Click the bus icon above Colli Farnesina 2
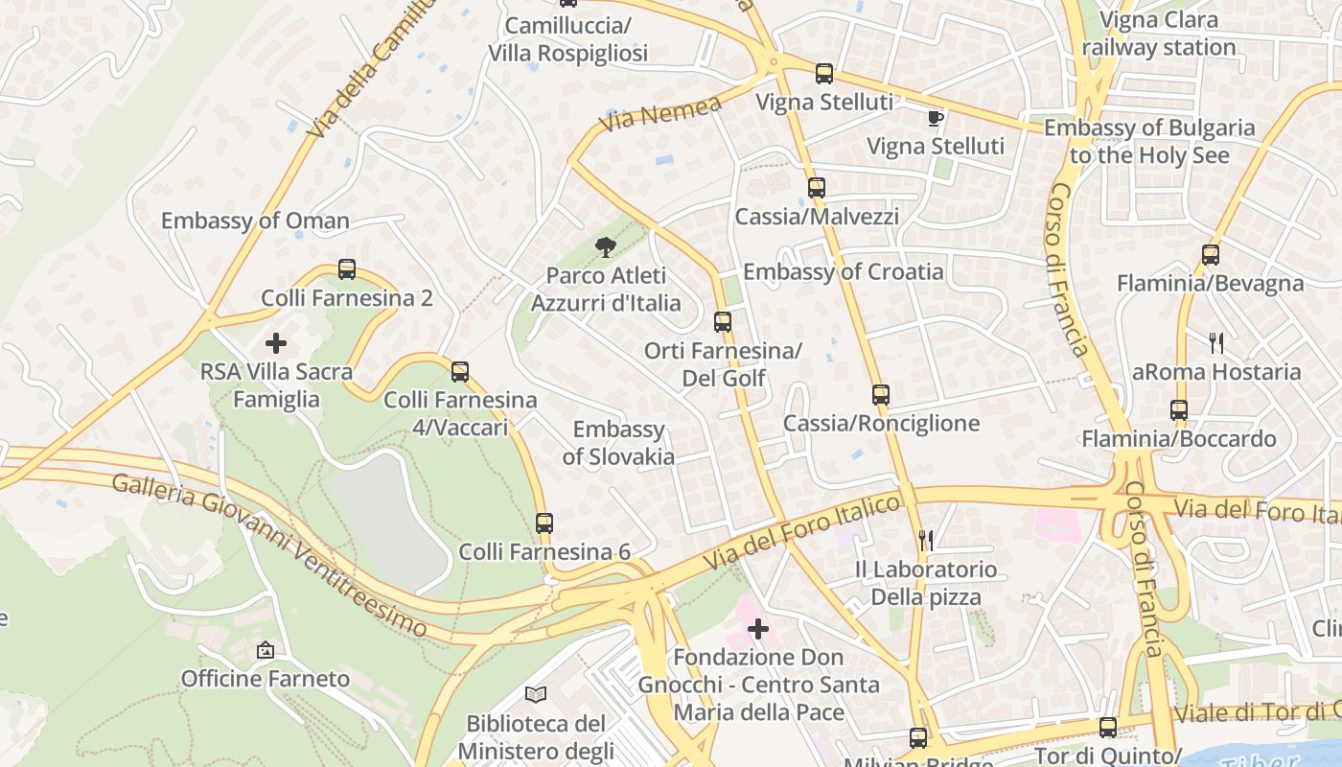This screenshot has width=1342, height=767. pyautogui.click(x=347, y=269)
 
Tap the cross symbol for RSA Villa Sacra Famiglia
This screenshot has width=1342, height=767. pyautogui.click(x=276, y=342)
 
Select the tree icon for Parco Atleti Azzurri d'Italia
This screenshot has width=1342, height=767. pyautogui.click(x=605, y=247)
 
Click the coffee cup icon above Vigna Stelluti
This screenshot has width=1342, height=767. pyautogui.click(x=935, y=118)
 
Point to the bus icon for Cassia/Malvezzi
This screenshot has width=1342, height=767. pyautogui.click(x=816, y=188)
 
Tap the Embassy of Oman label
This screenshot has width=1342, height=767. pyautogui.click(x=255, y=221)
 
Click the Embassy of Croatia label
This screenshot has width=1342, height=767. pyautogui.click(x=843, y=271)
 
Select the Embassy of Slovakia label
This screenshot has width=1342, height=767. pyautogui.click(x=618, y=443)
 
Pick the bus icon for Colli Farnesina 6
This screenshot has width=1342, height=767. pyautogui.click(x=544, y=523)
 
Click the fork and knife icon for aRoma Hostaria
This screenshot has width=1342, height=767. pyautogui.click(x=1216, y=342)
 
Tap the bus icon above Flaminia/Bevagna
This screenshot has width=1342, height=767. pyautogui.click(x=1211, y=255)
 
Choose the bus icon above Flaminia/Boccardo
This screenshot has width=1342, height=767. pyautogui.click(x=1179, y=410)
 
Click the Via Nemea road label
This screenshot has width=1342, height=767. pyautogui.click(x=660, y=114)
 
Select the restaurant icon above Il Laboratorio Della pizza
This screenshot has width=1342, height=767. pyautogui.click(x=926, y=541)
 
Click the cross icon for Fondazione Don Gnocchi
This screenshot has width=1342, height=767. pyautogui.click(x=758, y=629)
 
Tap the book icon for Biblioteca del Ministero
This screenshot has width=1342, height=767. pyautogui.click(x=536, y=694)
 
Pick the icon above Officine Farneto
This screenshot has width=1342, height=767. pyautogui.click(x=266, y=650)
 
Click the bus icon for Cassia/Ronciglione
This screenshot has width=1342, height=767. pyautogui.click(x=881, y=394)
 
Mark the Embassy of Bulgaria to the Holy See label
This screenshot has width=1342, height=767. pyautogui.click(x=1148, y=141)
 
